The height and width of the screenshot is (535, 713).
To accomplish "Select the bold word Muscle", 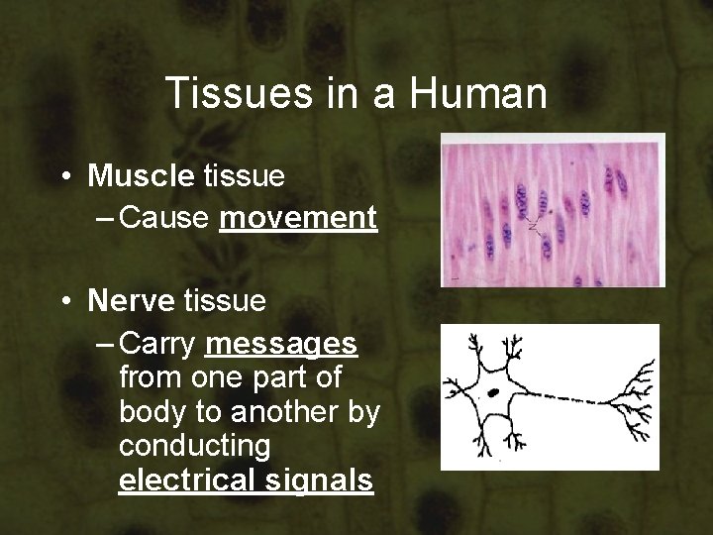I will pyautogui.click(x=141, y=176).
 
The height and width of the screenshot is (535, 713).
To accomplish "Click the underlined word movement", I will pyautogui.click(x=298, y=217).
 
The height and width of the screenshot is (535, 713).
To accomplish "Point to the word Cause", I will pyautogui.click(x=166, y=217).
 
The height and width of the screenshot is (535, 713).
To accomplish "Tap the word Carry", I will pyautogui.click(x=161, y=344).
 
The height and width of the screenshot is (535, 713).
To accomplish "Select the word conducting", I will pyautogui.click(x=194, y=447).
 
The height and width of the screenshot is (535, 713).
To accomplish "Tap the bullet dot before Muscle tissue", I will pyautogui.click(x=62, y=177).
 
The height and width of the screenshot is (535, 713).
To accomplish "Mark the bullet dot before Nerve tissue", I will pyautogui.click(x=62, y=301).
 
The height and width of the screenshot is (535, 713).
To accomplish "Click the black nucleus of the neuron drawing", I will pyautogui.click(x=492, y=393).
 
